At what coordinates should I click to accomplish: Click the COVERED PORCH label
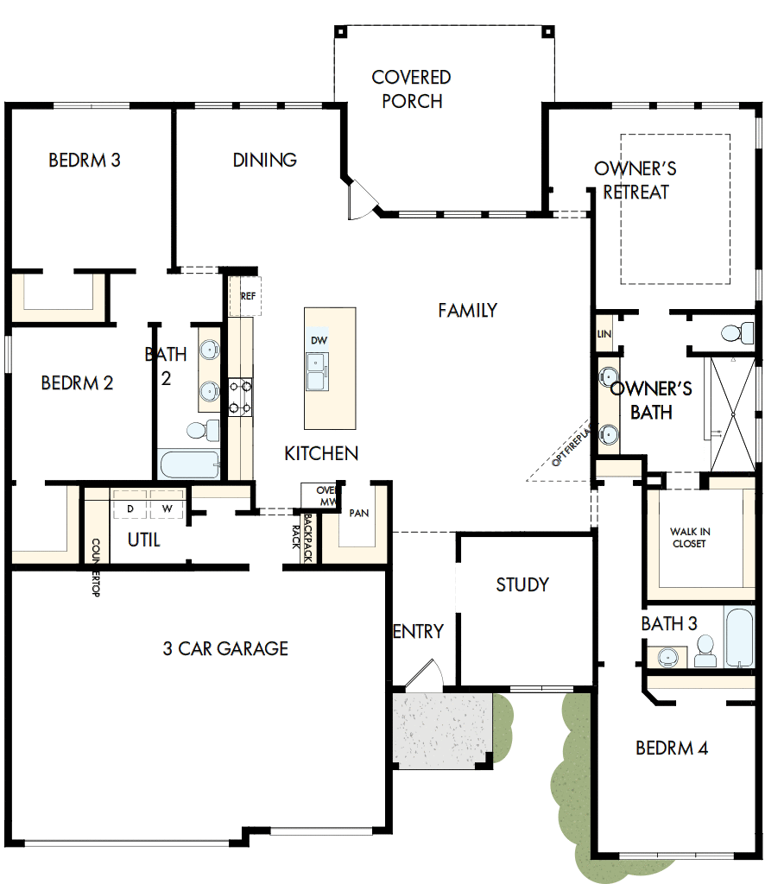click(x=412, y=89)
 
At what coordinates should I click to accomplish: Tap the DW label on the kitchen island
click(x=319, y=341)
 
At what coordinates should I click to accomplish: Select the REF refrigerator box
click(x=248, y=296)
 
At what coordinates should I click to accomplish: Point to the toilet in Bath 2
click(x=198, y=429)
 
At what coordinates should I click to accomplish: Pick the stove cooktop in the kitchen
click(x=240, y=397)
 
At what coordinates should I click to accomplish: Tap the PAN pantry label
click(x=359, y=513)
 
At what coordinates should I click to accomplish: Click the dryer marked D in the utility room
click(x=130, y=508)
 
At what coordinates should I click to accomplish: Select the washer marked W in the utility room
click(x=168, y=508)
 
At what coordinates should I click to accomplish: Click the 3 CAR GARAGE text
click(x=225, y=648)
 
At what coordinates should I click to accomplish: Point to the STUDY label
click(x=522, y=584)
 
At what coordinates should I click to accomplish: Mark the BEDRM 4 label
click(x=672, y=748)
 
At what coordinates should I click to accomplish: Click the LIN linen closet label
click(x=604, y=333)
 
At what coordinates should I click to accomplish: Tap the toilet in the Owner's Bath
click(x=737, y=332)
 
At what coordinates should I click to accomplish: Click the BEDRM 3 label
click(x=84, y=160)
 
